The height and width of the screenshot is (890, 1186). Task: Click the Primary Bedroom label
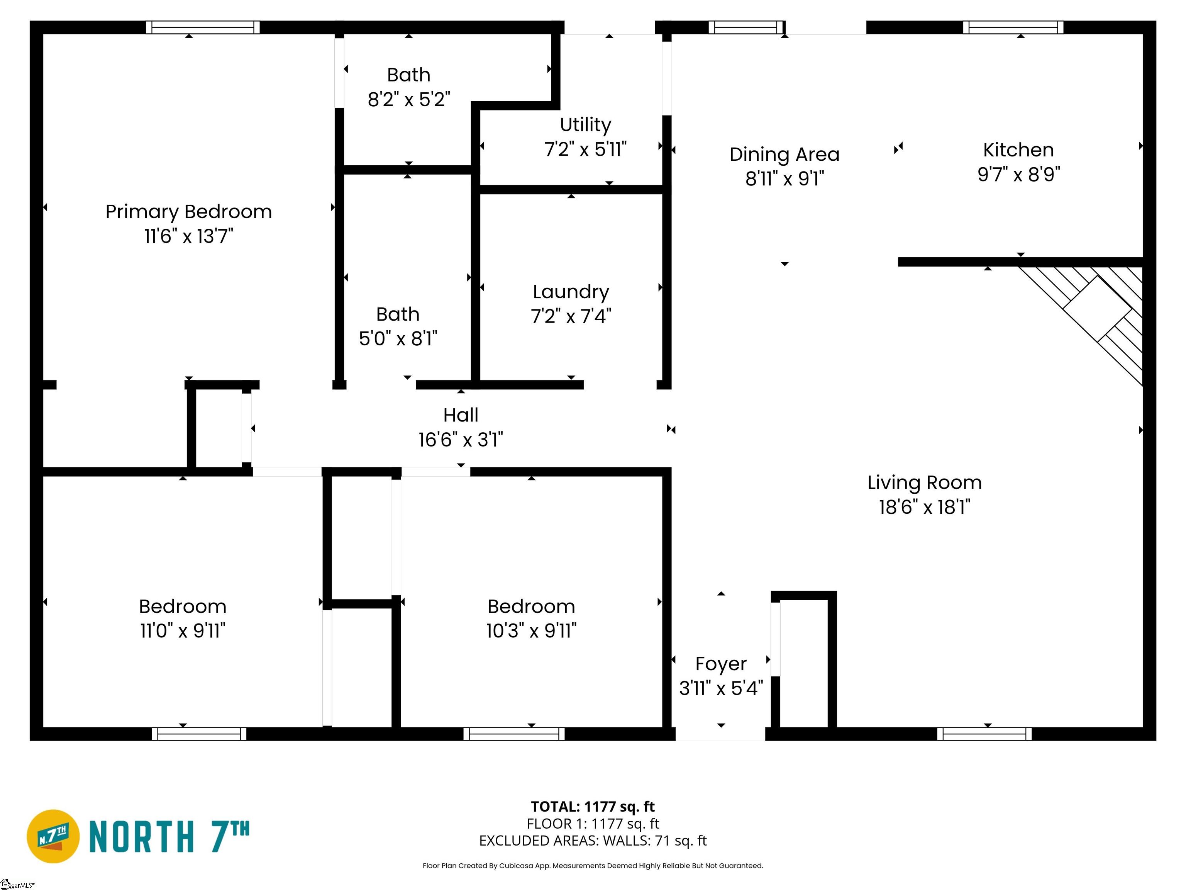click(x=189, y=212)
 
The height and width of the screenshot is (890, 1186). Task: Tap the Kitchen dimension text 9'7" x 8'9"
click(x=1019, y=174)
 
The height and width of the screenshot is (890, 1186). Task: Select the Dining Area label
click(x=784, y=155)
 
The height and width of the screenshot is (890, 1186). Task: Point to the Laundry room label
click(x=571, y=292)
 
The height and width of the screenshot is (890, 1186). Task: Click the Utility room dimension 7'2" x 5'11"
click(x=586, y=149)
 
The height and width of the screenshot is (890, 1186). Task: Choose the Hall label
click(x=461, y=415)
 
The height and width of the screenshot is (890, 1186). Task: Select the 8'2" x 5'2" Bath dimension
click(x=408, y=99)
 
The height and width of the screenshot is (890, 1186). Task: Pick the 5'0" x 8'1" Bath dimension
click(x=398, y=338)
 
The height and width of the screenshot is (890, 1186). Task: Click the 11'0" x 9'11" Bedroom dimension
click(x=183, y=630)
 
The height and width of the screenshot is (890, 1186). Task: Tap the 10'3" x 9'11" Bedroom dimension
click(x=531, y=630)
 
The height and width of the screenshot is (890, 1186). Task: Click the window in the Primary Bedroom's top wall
click(x=203, y=27)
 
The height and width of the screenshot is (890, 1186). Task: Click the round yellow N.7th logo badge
click(x=53, y=836)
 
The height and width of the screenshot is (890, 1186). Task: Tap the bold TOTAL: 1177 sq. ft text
click(x=593, y=807)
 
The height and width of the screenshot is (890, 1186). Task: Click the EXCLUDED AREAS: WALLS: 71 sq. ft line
click(x=593, y=841)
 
